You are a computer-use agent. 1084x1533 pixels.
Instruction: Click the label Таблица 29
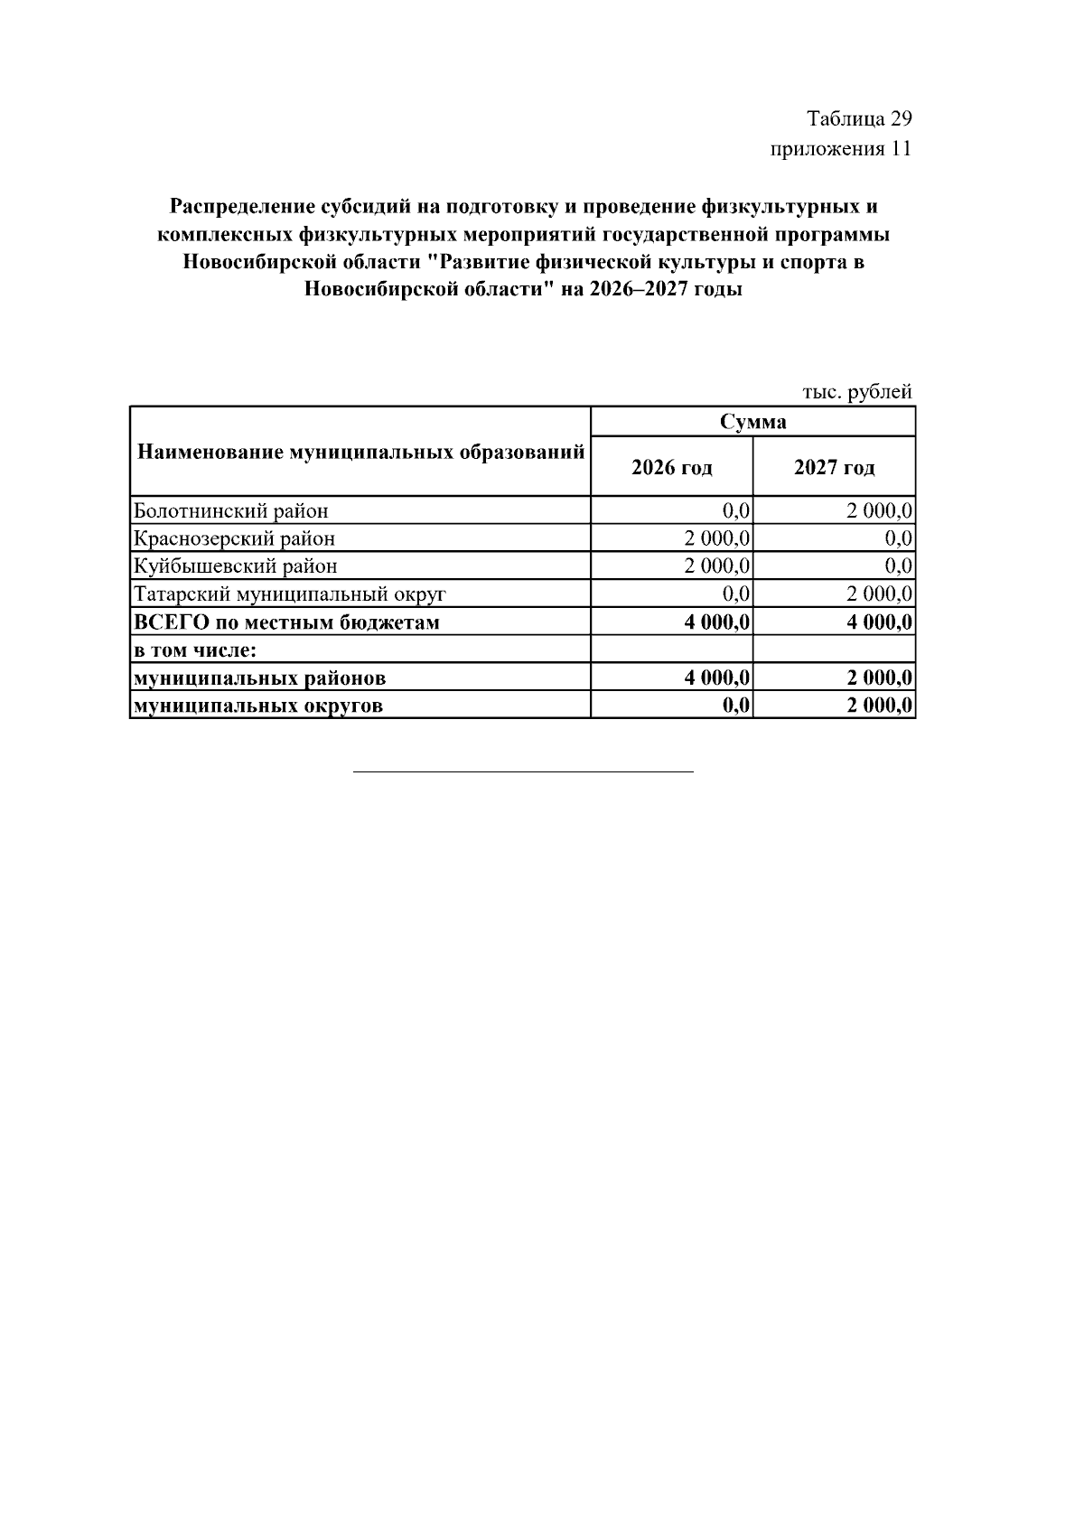coord(858,119)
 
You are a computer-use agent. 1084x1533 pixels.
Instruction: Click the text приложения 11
coord(840,149)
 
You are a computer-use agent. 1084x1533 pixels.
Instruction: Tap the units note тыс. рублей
coord(856,392)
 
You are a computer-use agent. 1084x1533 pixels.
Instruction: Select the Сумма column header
coord(752,422)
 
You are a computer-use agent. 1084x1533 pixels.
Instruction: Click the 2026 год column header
coord(671,468)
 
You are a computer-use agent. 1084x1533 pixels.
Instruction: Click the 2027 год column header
coord(834,468)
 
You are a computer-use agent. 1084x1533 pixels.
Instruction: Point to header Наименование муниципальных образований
coord(360,452)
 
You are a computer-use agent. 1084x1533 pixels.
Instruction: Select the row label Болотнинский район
coord(231,511)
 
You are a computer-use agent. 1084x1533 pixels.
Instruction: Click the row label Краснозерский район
coord(234,539)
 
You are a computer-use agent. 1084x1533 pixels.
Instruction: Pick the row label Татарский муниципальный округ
coord(290,594)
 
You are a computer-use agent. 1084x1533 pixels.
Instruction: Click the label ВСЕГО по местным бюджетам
coord(286,622)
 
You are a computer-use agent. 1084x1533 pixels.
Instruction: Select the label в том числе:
coord(196,650)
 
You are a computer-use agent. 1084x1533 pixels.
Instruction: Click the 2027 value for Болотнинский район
coord(879,511)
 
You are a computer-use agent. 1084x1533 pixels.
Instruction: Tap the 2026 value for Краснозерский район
coord(717,539)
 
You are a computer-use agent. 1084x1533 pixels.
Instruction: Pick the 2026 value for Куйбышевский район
coord(717,566)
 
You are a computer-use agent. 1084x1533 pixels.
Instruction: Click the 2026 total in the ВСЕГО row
coord(717,622)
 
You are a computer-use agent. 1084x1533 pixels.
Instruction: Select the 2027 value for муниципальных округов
coord(879,706)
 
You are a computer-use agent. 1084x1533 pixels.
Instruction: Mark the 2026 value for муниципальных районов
coord(717,678)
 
